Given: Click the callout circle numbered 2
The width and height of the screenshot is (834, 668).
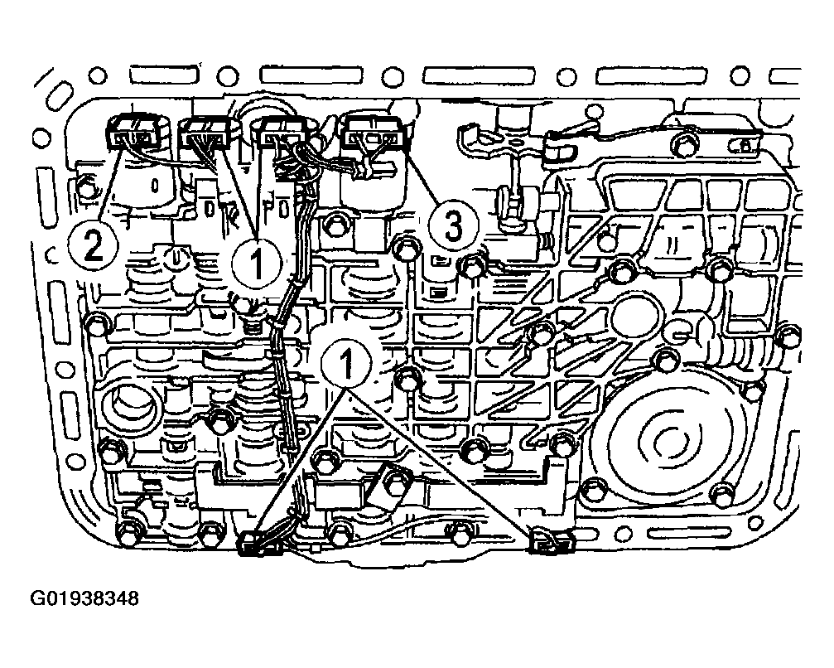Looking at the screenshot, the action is tap(94, 246).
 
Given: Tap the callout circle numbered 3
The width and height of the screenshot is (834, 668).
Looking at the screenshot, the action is tap(453, 226).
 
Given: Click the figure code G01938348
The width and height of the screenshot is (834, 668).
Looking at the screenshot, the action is tap(84, 599).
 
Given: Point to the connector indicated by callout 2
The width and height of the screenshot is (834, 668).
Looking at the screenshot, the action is tap(134, 133).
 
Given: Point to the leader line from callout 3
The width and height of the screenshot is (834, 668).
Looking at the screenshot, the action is tap(424, 177).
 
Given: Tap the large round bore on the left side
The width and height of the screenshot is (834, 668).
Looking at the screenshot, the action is tap(130, 405).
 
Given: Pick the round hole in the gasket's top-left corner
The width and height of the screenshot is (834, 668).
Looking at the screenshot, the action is tap(98, 75).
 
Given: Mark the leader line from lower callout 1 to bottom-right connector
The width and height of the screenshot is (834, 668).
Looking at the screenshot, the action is tap(442, 462).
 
